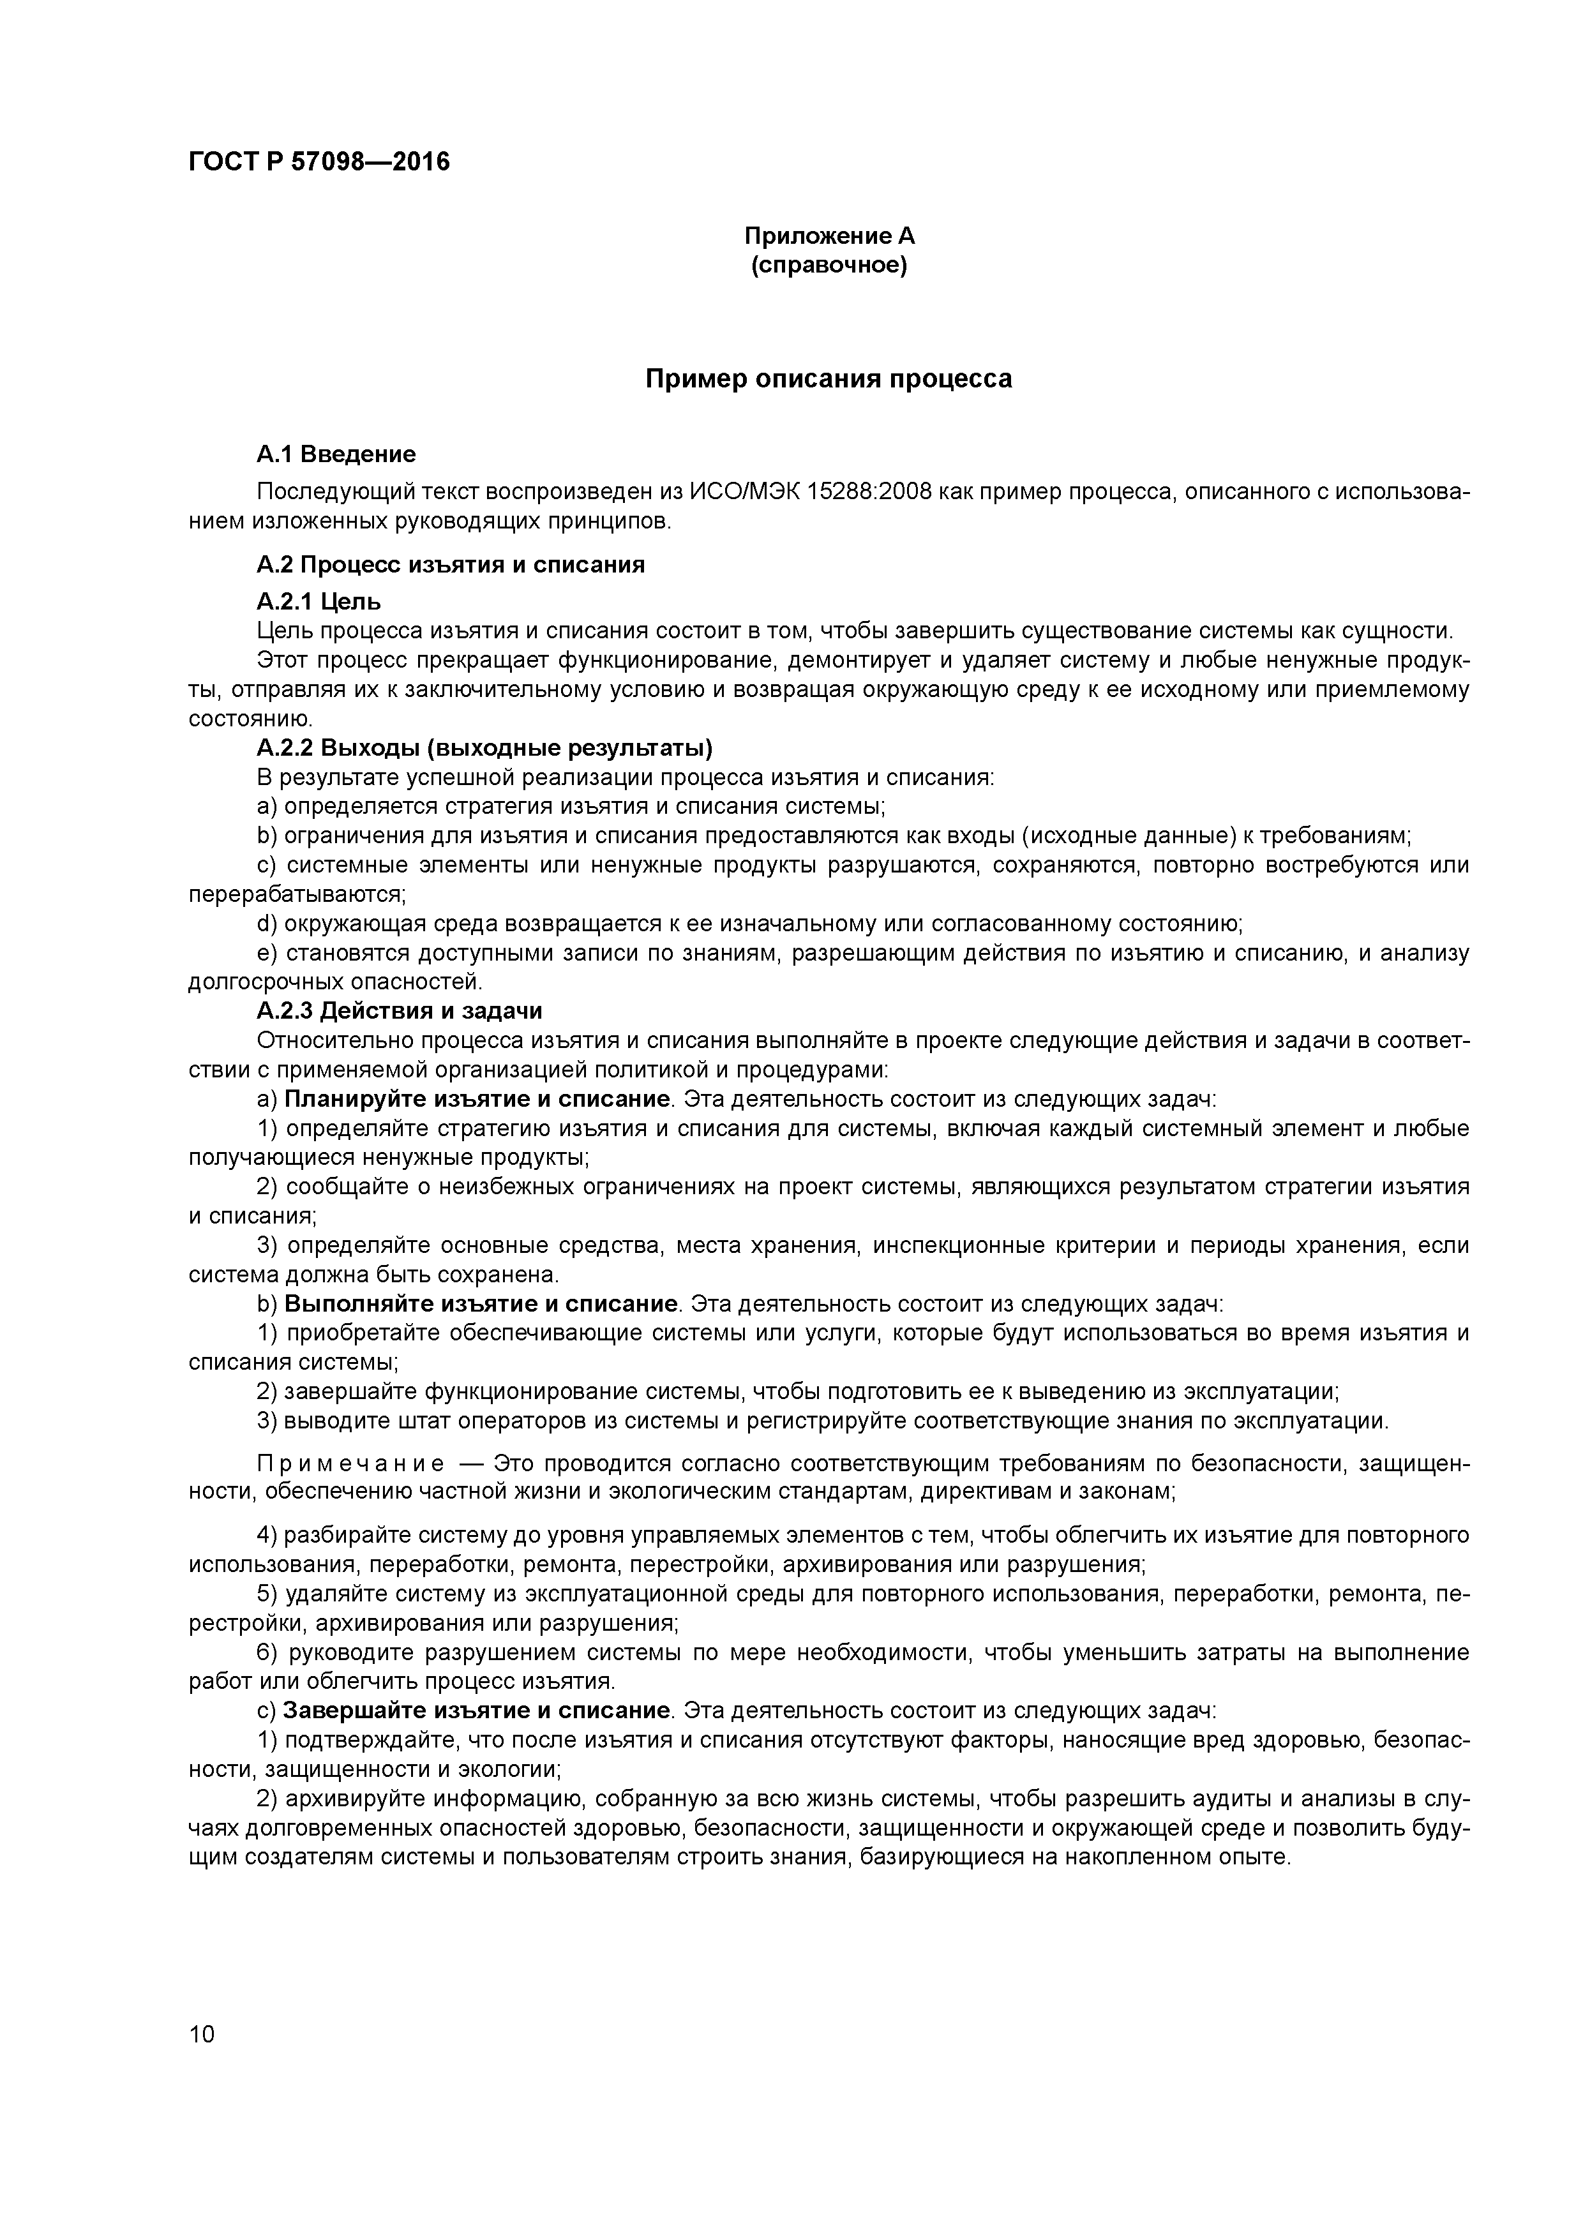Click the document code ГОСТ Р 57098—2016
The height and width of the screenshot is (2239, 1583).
click(319, 162)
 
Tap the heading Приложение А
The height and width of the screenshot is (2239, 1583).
click(829, 236)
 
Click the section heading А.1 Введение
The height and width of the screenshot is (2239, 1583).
click(336, 454)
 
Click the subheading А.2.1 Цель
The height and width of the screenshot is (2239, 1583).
click(319, 601)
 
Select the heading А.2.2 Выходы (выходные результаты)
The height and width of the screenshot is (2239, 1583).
click(484, 748)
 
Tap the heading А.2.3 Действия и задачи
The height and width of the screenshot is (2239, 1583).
click(399, 1010)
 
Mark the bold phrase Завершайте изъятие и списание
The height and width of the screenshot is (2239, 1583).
click(477, 1711)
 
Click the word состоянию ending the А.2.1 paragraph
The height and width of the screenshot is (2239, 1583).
click(235, 720)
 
